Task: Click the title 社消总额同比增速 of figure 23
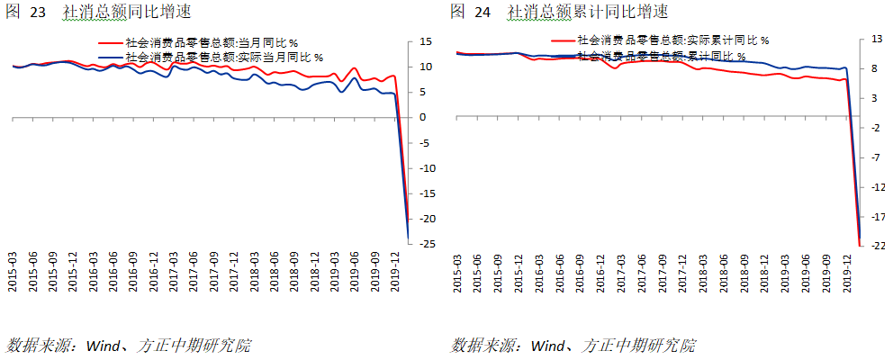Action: tap(126, 13)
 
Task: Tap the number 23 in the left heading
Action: tap(39, 13)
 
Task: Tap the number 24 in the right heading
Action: tap(483, 13)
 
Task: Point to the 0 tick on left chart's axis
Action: tap(422, 118)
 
